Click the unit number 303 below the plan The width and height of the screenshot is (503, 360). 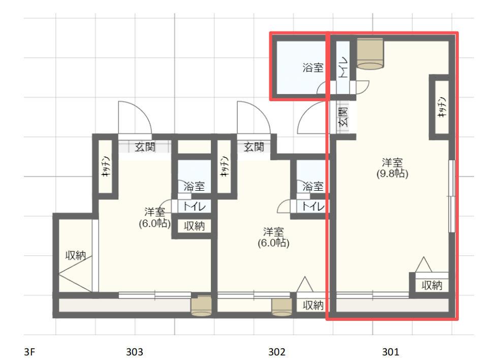[135, 351]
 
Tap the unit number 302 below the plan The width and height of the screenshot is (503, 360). [277, 351]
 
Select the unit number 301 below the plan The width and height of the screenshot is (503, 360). [391, 351]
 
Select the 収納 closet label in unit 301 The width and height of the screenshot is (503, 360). [432, 285]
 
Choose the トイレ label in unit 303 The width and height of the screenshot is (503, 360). [191, 207]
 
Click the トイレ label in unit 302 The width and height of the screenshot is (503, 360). [311, 206]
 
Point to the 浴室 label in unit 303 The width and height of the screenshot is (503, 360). [193, 187]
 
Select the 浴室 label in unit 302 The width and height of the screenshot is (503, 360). [312, 187]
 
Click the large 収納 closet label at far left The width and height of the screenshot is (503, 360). [75, 255]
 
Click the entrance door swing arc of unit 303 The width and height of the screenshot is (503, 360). [133, 117]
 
